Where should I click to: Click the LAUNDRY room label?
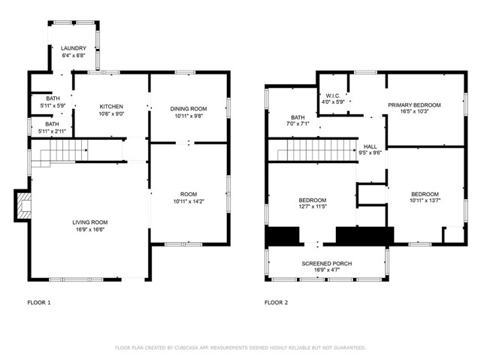[x=73, y=48]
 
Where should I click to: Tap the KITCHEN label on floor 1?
[x=111, y=106]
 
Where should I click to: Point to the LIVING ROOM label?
[x=89, y=222]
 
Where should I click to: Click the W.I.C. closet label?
[x=334, y=96]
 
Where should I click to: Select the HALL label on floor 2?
[x=370, y=147]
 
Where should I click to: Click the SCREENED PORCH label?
[x=327, y=264]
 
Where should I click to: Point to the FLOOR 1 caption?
[x=38, y=303]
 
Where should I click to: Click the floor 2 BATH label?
[x=298, y=117]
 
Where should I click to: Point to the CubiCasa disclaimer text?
[x=240, y=347]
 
